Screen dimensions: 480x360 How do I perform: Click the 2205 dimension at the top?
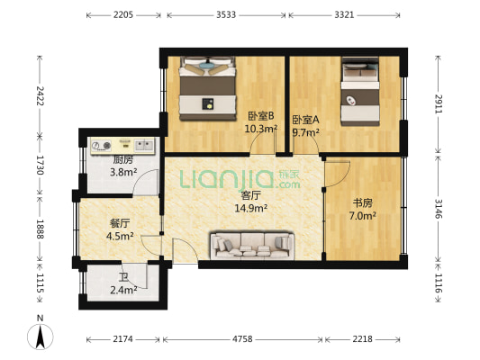coord(123,14)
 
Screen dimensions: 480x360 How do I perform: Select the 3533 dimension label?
coord(226,14)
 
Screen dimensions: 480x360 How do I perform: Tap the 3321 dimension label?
coord(344,14)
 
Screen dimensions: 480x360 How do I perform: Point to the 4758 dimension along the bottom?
coord(242,339)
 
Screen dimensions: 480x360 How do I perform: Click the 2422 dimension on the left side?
coord(41,95)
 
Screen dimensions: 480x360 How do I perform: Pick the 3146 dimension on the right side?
coord(439,209)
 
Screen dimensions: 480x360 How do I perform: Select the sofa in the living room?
coord(252,246)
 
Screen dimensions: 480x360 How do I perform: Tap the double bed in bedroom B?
coord(208,88)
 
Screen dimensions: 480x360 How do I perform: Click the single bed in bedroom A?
coord(360,91)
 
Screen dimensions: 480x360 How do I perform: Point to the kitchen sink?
coord(143,145)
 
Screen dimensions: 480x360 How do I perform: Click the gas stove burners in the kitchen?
coord(102,146)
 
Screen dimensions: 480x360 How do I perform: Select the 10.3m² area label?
coord(261,129)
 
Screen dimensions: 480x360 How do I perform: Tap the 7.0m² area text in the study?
coord(363,216)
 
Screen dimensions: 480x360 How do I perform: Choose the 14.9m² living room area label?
coord(251,208)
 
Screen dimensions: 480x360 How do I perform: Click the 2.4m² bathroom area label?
coord(123,290)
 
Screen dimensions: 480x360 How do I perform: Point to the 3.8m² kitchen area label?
coord(123,173)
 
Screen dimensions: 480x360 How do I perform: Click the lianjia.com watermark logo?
coord(240,179)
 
